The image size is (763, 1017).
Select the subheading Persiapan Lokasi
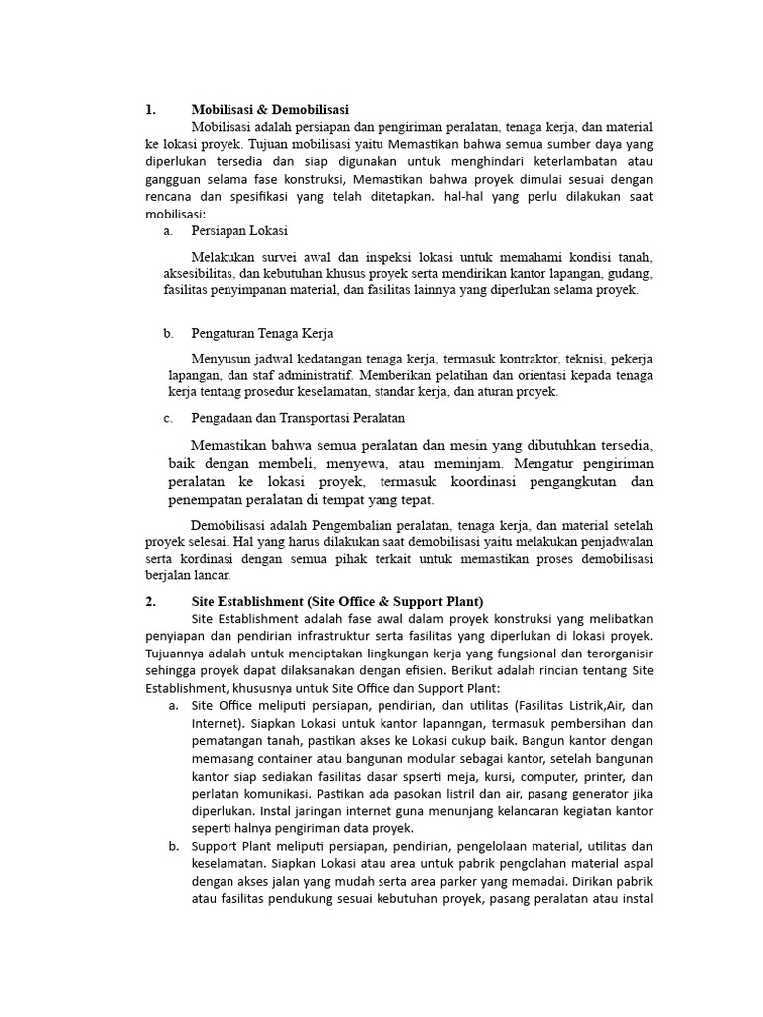point(239,231)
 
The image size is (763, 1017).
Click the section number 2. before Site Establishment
point(150,601)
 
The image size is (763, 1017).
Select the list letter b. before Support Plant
point(173,846)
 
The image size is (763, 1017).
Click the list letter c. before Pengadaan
point(169,418)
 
